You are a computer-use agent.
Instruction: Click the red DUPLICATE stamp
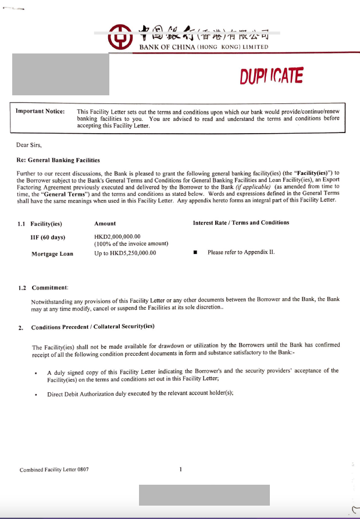tap(271, 76)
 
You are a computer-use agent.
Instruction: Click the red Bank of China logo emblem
tap(120, 36)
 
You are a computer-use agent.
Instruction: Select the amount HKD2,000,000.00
tap(117, 237)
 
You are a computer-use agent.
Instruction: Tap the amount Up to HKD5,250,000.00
tap(125, 253)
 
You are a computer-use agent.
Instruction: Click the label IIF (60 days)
tap(48, 237)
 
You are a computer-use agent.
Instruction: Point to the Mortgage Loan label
tap(52, 253)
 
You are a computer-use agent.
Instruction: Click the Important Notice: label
tap(40, 111)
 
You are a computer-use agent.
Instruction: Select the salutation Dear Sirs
tap(30, 145)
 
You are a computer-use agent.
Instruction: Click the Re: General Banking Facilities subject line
tap(58, 160)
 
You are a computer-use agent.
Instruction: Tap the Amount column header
tap(105, 223)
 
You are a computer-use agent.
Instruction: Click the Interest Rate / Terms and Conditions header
tap(241, 223)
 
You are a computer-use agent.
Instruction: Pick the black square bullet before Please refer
tap(195, 253)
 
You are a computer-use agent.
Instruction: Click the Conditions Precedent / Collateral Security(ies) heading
tap(92, 327)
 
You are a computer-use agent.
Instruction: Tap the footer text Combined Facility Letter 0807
tap(54, 470)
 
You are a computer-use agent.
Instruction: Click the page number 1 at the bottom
tap(180, 469)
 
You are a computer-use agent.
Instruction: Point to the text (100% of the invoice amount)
tap(131, 244)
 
